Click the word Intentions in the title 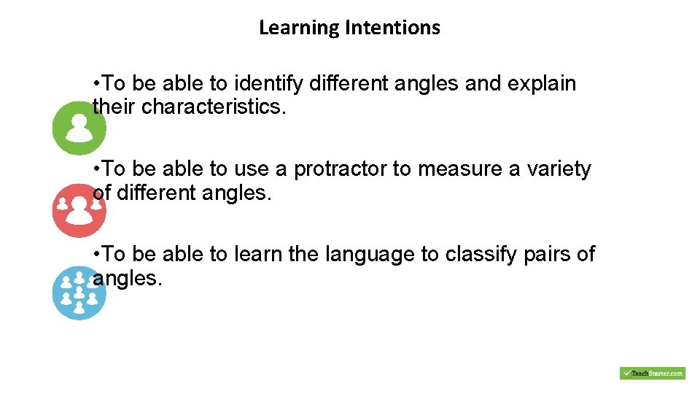click(x=393, y=28)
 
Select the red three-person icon click(x=79, y=211)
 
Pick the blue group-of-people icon click(x=79, y=293)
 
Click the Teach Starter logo click(x=652, y=373)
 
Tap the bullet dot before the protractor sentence click(x=97, y=170)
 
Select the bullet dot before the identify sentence click(x=97, y=85)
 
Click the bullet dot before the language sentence click(x=97, y=255)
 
